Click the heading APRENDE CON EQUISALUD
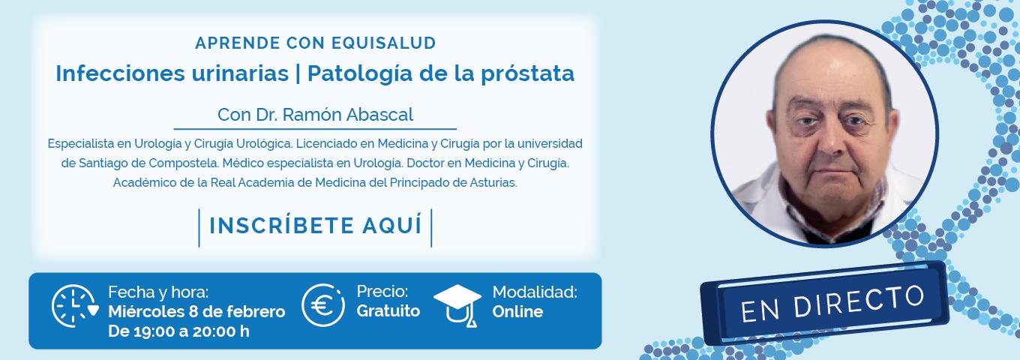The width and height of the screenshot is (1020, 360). [x=316, y=43]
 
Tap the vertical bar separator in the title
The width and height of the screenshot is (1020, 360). [x=298, y=74]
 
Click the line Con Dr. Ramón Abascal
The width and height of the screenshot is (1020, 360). [x=315, y=115]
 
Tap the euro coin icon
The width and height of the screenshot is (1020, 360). [x=323, y=305]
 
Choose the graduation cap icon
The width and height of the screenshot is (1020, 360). [x=457, y=306]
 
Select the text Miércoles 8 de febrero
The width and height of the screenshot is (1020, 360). [x=196, y=312]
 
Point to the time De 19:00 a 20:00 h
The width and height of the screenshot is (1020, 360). [x=178, y=331]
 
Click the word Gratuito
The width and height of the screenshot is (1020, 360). [x=388, y=310]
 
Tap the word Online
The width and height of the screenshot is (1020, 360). [x=517, y=312]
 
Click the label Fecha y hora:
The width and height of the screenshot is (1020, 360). [x=158, y=292]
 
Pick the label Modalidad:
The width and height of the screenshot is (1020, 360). [x=535, y=292]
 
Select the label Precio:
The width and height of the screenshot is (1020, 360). [x=382, y=291]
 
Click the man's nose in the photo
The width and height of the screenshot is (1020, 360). [x=829, y=141]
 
